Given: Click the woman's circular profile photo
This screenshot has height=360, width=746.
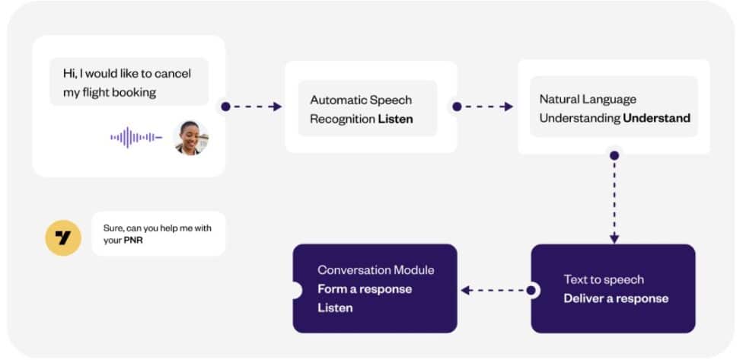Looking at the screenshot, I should pos(190,138).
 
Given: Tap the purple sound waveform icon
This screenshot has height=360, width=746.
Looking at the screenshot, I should pos(136,138).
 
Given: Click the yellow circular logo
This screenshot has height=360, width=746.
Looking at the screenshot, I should pos(63,237).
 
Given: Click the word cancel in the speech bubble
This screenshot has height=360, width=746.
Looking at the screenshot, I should pos(173,74).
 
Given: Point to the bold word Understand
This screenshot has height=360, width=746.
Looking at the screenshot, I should pos(656,118).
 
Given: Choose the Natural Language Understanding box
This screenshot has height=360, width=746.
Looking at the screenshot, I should pos(614,107).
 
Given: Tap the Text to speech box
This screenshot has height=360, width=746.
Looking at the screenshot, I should pos(614,288).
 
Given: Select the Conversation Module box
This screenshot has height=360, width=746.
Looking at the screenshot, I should pos(375,288).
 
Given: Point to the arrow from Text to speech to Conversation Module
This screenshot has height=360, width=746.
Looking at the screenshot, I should pos(495,290).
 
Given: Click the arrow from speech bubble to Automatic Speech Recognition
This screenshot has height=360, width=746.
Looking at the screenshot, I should pos(254,107).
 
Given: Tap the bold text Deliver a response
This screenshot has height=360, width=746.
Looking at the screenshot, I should pos(616,298).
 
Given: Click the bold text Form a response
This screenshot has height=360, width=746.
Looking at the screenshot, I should pos(364,289).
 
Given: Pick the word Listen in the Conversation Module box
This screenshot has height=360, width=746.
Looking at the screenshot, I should pos(335,308).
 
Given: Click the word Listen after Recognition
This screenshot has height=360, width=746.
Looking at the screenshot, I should pos(396,119).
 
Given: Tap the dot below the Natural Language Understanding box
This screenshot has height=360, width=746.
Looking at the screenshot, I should pos(614,155).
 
